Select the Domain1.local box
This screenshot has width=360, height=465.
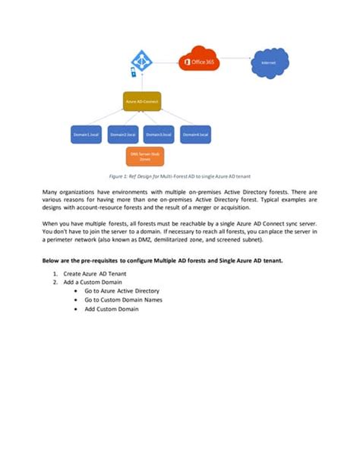tap(86, 134)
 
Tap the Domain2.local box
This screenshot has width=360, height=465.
tap(123, 134)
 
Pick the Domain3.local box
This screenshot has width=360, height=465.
tap(159, 134)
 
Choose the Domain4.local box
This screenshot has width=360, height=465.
tap(196, 134)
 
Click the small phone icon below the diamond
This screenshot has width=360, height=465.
tap(134, 74)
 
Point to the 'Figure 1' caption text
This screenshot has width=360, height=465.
tap(179, 176)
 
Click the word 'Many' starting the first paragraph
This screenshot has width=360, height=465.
tap(51, 191)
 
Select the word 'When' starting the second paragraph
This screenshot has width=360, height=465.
tap(52, 224)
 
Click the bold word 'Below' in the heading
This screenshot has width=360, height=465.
tap(52, 261)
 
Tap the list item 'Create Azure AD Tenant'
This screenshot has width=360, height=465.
tap(94, 273)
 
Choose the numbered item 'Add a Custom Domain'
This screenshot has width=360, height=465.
tap(94, 282)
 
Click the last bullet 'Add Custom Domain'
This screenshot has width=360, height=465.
tap(112, 309)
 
